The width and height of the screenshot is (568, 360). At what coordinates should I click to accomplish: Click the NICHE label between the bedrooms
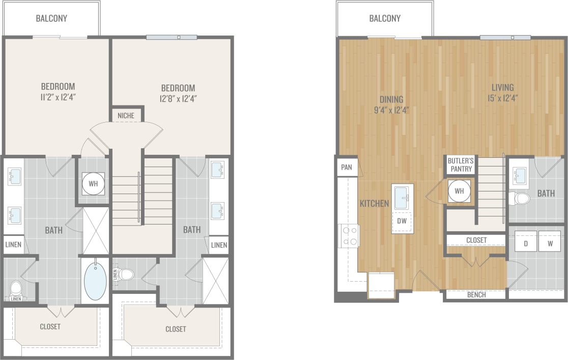126,116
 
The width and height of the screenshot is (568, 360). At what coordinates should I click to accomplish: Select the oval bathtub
95,281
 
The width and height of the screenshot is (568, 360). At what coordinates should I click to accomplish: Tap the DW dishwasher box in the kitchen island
402,221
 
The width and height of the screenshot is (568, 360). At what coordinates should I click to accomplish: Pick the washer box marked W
550,243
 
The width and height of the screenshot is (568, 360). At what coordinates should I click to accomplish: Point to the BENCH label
476,295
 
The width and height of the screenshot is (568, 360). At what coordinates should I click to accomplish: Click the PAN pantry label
347,167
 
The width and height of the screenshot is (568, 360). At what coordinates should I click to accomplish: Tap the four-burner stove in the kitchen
349,236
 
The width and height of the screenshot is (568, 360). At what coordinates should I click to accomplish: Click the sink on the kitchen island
402,198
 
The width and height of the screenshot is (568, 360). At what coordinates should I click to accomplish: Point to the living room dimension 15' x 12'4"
502,98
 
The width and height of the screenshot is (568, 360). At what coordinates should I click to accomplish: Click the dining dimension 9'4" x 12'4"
391,109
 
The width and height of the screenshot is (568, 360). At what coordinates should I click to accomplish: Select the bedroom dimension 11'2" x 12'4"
58,96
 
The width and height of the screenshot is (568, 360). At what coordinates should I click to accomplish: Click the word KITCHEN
374,204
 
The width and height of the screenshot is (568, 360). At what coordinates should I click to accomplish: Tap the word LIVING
502,87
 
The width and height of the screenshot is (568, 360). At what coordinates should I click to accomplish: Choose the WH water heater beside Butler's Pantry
459,191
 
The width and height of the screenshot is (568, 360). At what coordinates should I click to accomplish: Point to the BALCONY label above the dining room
385,18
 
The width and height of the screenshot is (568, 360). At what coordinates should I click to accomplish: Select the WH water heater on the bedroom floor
94,183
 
